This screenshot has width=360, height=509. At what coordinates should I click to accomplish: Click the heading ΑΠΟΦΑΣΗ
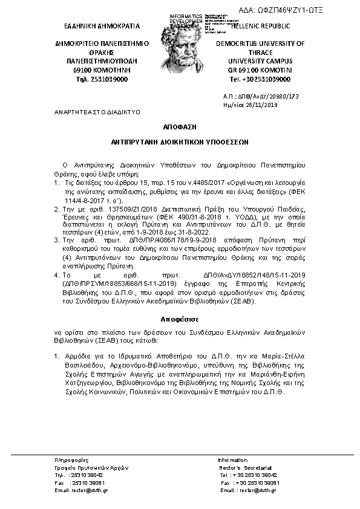coord(179,129)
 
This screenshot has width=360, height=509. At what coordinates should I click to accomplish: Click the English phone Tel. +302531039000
coord(260,79)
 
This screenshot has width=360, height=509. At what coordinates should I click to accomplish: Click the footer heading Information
coord(233,461)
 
